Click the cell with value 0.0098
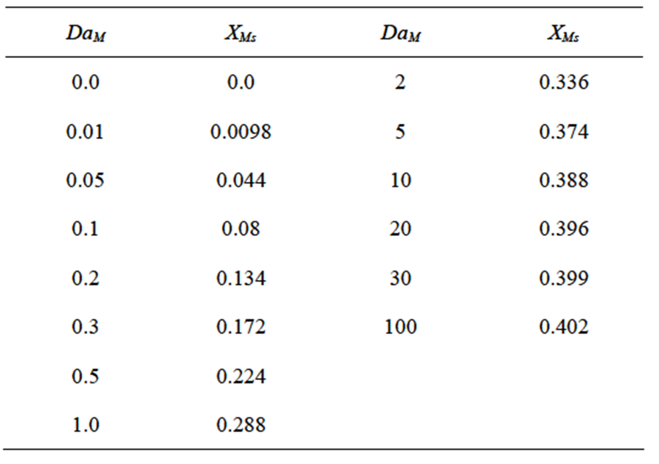[241, 132]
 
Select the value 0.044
[241, 180]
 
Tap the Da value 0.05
[85, 180]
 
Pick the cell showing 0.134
[241, 278]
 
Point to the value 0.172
[241, 327]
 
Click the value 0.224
[241, 376]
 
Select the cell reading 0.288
[241, 425]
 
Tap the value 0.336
[563, 82]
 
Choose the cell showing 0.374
[563, 132]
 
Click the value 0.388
[563, 180]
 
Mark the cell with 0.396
[563, 229]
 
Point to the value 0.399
[563, 278]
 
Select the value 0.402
[563, 327]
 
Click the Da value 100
[400, 327]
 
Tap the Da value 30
[400, 278]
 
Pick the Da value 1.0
[85, 425]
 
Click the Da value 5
[400, 132]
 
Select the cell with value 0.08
[241, 229]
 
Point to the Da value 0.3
[85, 327]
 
